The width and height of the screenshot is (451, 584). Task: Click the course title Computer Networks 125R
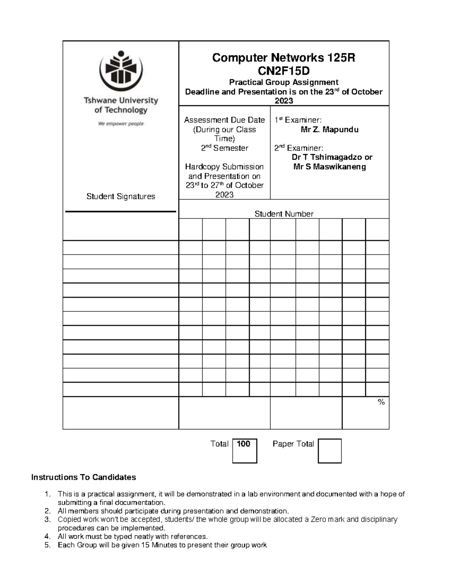point(284,58)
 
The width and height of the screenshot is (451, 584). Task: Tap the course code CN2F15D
point(284,70)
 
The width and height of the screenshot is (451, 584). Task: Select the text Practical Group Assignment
point(284,82)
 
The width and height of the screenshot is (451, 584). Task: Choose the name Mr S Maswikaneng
point(329,167)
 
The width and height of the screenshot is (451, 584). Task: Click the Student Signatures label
point(121,196)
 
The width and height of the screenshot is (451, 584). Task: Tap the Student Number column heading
point(284,214)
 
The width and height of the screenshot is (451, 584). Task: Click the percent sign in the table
point(381,402)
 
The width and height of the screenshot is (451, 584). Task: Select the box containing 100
point(244,450)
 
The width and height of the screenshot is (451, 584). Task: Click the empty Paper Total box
point(330,451)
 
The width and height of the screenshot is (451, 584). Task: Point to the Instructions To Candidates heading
point(83,478)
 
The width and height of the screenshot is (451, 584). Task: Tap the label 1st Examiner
point(298,120)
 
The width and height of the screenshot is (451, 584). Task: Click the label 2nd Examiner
point(298,148)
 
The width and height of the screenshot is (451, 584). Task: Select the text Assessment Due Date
point(224,120)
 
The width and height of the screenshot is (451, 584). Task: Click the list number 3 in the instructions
point(47,520)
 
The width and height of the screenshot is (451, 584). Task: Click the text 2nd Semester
point(224,148)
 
